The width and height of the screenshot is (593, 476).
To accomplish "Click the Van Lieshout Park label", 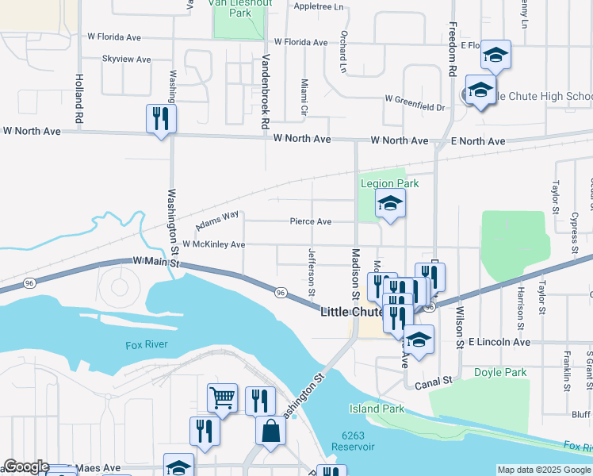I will [x=240, y=7].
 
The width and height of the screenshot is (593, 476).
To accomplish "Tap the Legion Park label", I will [x=388, y=183].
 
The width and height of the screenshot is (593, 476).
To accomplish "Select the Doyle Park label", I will [x=500, y=372].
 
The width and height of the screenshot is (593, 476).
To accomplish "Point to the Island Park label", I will [x=377, y=409].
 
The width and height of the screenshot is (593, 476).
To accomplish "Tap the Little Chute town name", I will [x=352, y=312].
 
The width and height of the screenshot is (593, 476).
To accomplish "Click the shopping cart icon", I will [x=222, y=397].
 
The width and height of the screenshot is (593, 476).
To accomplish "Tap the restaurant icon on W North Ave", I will [x=161, y=119].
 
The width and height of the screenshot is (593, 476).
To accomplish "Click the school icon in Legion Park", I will [x=390, y=204].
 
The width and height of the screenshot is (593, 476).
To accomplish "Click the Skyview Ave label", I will [x=126, y=59].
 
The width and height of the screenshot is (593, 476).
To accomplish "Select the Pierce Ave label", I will [x=310, y=222].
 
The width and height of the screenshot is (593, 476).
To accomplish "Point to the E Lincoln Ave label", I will [x=499, y=342].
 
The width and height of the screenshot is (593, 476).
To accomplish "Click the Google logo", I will [x=25, y=467].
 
